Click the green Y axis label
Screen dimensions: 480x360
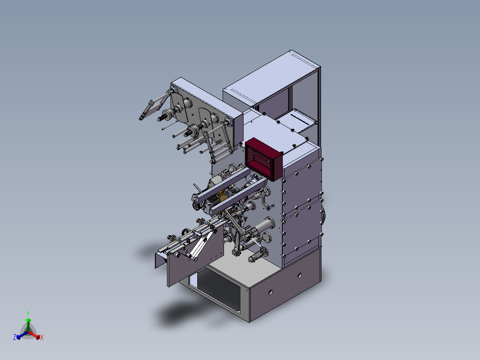pyautogui.click(x=28, y=313)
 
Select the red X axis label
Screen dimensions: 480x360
pyautogui.click(x=42, y=337)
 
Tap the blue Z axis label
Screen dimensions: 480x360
pyautogui.click(x=15, y=337)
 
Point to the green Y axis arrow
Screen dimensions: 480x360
pyautogui.click(x=28, y=325)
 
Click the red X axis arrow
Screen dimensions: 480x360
pyautogui.click(x=34, y=335)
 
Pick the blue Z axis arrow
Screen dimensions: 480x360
pyautogui.click(x=22, y=335)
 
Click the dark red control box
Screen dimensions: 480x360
pyautogui.click(x=264, y=159)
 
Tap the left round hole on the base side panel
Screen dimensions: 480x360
pyautogui.click(x=271, y=292)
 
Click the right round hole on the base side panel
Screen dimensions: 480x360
pyautogui.click(x=299, y=275)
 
